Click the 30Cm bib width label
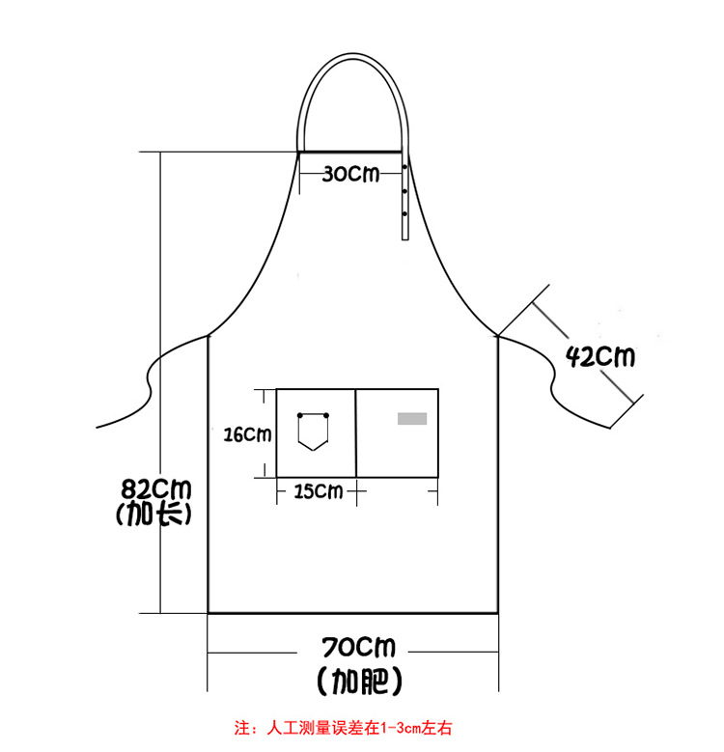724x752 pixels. pyautogui.click(x=351, y=174)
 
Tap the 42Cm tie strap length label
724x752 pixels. pyautogui.click(x=600, y=356)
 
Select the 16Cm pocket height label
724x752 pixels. pyautogui.click(x=247, y=434)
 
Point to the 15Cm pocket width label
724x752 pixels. pyautogui.click(x=318, y=491)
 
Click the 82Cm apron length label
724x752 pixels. pyautogui.click(x=155, y=488)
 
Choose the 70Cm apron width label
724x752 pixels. pyautogui.click(x=359, y=647)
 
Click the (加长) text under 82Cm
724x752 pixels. pyautogui.click(x=153, y=514)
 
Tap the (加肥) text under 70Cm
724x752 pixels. pyautogui.click(x=359, y=681)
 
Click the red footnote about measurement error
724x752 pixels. pyautogui.click(x=344, y=728)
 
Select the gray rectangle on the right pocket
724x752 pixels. pyautogui.click(x=412, y=419)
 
